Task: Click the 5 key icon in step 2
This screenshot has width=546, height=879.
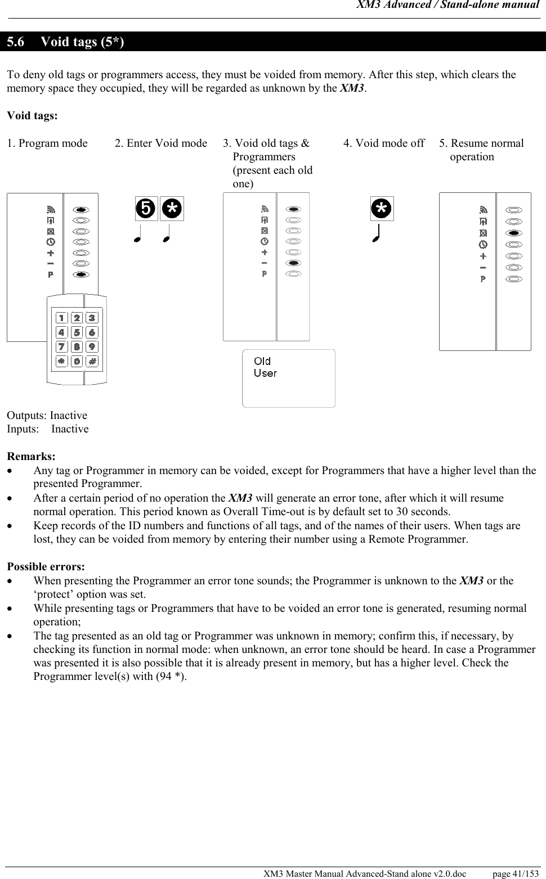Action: click(x=146, y=209)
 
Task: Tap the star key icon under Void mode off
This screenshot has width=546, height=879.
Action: click(x=382, y=209)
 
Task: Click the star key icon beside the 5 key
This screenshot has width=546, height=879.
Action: click(x=172, y=209)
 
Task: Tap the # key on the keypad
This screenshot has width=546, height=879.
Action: click(x=92, y=360)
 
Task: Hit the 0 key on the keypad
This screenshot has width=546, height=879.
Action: click(x=77, y=360)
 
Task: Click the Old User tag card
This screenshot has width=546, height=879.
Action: click(x=288, y=378)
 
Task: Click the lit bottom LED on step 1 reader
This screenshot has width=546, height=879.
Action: click(x=81, y=274)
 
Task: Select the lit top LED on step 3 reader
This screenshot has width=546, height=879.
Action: click(x=293, y=209)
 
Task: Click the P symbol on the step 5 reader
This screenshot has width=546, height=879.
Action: click(x=483, y=279)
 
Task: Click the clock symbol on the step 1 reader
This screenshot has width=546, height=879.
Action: click(x=51, y=242)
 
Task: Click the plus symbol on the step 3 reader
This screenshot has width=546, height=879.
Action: click(x=264, y=252)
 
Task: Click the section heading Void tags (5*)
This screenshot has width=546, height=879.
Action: click(x=83, y=42)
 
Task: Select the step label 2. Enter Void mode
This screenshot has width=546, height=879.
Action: click(x=161, y=143)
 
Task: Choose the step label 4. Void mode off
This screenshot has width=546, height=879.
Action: click(x=384, y=143)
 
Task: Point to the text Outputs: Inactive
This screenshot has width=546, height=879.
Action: click(x=47, y=416)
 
